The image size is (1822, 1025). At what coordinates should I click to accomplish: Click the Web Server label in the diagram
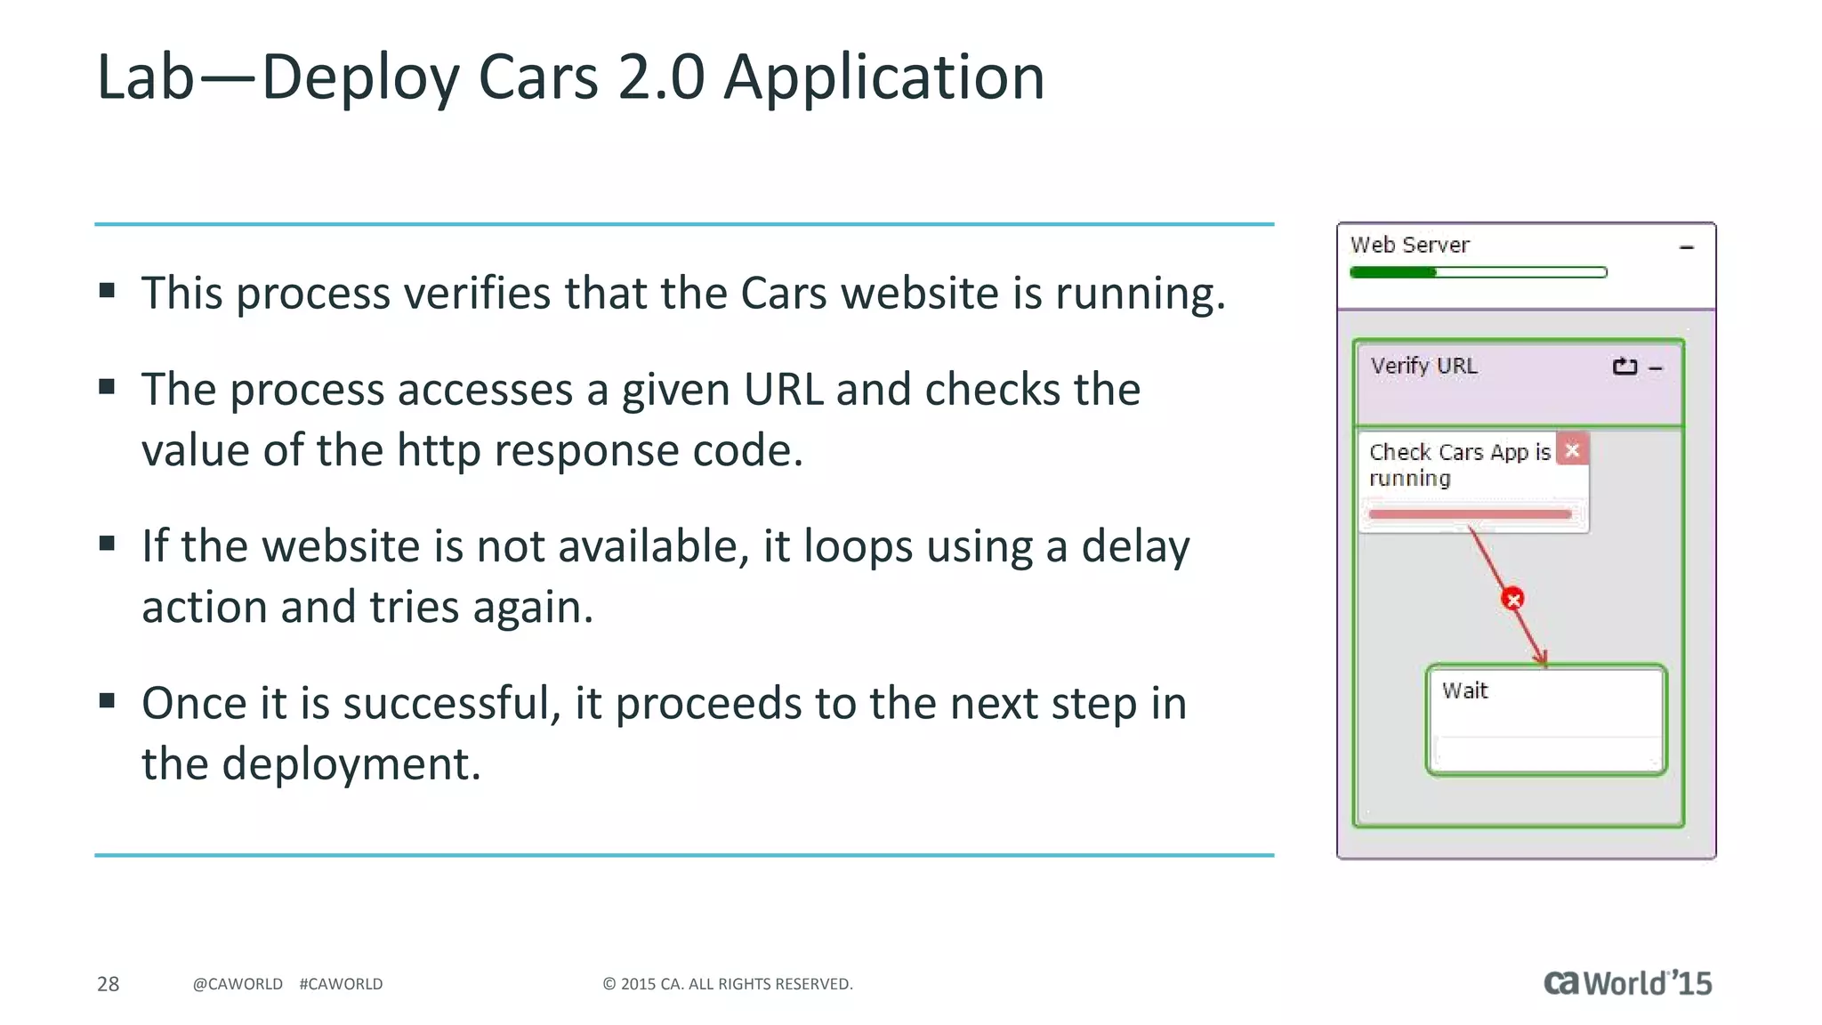coord(1409,245)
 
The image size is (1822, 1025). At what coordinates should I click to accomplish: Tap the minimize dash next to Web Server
coord(1686,247)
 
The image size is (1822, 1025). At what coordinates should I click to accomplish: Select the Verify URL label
coord(1423,366)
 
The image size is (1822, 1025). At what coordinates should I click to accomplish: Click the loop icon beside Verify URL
coord(1624,367)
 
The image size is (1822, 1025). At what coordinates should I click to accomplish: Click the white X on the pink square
coord(1573,450)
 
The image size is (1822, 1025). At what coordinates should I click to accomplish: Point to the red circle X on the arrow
coord(1512,599)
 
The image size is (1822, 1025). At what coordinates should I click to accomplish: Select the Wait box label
coord(1464,690)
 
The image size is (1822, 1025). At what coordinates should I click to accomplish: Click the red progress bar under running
coord(1470,514)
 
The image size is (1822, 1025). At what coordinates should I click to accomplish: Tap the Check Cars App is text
coord(1459,452)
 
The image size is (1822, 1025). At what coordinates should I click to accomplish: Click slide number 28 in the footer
coord(108,984)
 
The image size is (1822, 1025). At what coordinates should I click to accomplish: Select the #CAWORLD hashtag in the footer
coord(341,984)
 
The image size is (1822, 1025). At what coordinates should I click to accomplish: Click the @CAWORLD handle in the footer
coord(238,984)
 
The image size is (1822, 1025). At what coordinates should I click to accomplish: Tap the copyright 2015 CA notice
coord(728,984)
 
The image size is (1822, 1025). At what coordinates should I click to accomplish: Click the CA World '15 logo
coord(1627,982)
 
